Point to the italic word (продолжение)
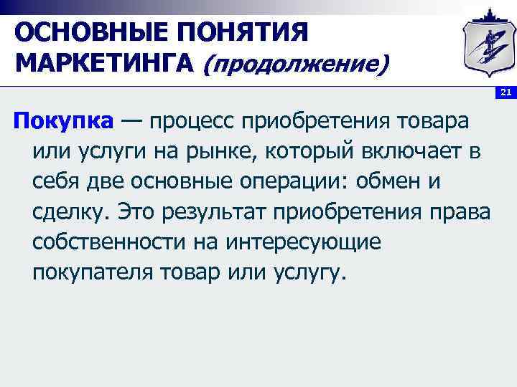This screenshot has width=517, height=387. (x=297, y=66)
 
